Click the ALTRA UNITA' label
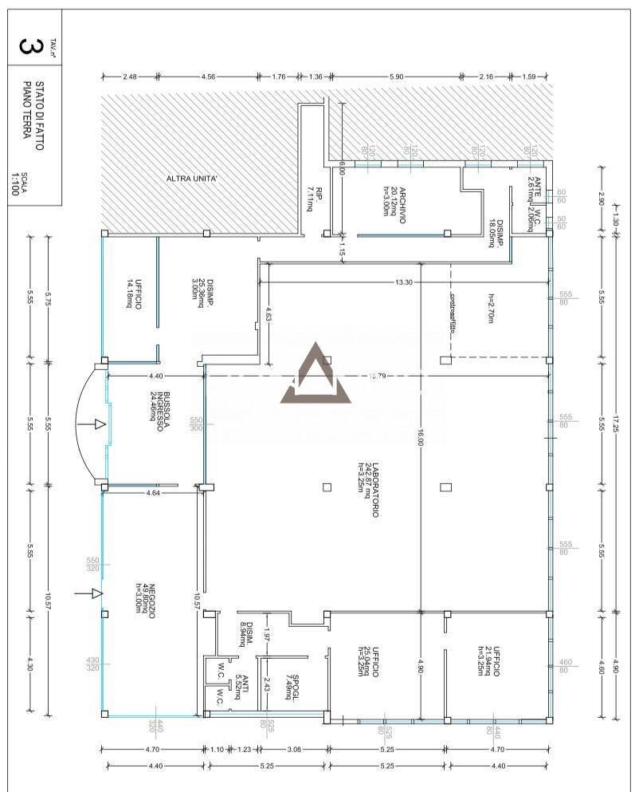click(197, 178)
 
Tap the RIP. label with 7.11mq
click(315, 199)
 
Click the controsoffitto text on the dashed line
click(453, 308)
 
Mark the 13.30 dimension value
click(404, 281)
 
